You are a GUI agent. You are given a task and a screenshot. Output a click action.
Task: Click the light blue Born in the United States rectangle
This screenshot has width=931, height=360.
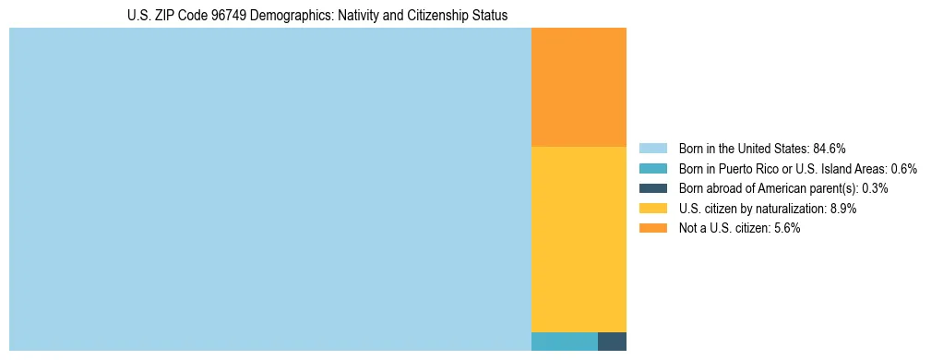click(269, 189)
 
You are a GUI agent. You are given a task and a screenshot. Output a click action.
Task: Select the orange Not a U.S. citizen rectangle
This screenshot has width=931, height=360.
click(579, 88)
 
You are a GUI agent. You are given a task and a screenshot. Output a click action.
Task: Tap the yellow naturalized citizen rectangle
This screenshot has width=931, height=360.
click(579, 239)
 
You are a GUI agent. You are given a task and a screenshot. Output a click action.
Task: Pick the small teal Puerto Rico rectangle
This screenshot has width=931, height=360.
click(564, 342)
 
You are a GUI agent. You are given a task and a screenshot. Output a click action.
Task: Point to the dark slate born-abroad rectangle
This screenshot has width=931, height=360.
click(612, 342)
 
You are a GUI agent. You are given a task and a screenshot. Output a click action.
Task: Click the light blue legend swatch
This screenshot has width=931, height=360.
click(652, 148)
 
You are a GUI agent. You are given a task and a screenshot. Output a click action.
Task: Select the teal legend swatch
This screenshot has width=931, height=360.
click(652, 168)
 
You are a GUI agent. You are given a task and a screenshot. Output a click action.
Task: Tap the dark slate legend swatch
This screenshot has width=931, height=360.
click(652, 188)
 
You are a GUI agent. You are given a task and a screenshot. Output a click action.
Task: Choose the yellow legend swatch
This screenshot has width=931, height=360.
click(652, 209)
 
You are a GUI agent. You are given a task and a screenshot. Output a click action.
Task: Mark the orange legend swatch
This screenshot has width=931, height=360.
click(652, 228)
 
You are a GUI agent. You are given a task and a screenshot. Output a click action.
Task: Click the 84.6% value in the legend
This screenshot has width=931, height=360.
click(830, 148)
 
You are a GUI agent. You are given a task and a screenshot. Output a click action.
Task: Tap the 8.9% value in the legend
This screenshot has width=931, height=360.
click(842, 209)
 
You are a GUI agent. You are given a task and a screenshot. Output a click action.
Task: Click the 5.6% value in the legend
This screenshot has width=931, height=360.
click(785, 228)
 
